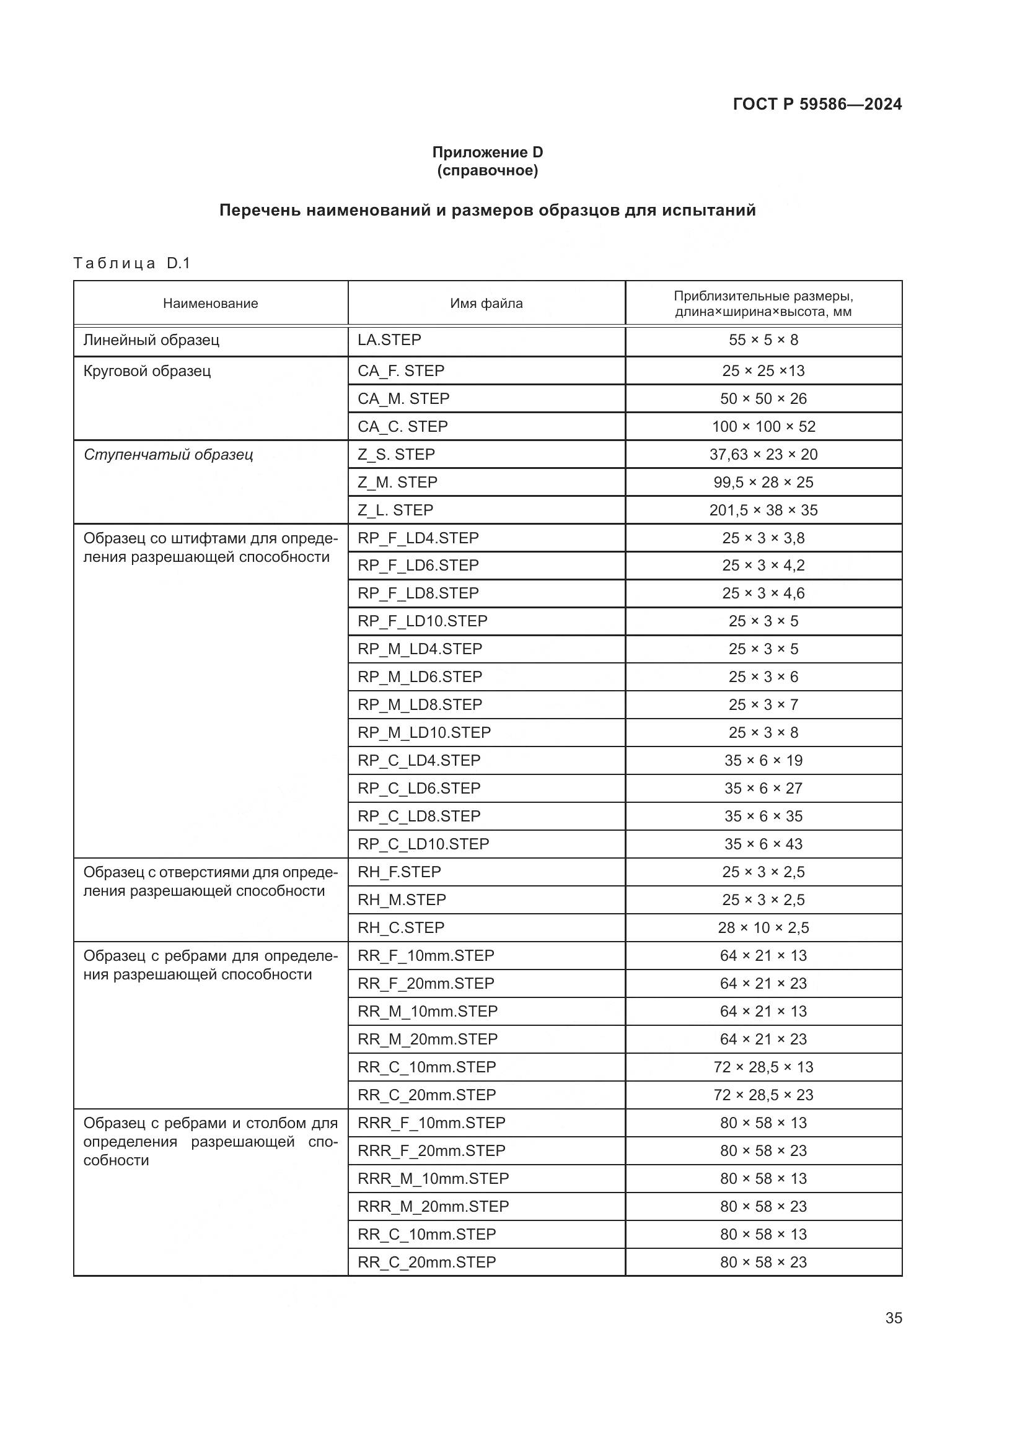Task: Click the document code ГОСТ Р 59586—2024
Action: (x=817, y=104)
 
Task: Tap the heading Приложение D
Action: (x=487, y=152)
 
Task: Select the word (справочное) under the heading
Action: (x=487, y=170)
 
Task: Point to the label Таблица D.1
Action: (x=131, y=263)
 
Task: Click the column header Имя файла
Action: (x=486, y=304)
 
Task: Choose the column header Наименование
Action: (x=210, y=304)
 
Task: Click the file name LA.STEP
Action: (x=389, y=340)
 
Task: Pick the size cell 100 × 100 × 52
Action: (x=763, y=427)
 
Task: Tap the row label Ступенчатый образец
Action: (x=168, y=454)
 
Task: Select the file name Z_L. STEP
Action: (x=395, y=510)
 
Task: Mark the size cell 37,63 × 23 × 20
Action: (x=763, y=454)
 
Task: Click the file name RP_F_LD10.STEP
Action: (x=422, y=621)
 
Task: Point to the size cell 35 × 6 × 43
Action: (x=763, y=844)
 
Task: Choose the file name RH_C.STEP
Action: (x=401, y=928)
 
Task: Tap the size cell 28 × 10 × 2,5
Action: (x=763, y=928)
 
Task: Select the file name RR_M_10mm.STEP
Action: (x=428, y=1011)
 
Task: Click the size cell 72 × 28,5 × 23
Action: (x=763, y=1095)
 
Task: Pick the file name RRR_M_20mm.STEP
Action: (x=433, y=1206)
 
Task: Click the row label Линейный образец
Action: (x=151, y=340)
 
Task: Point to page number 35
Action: (x=893, y=1318)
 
